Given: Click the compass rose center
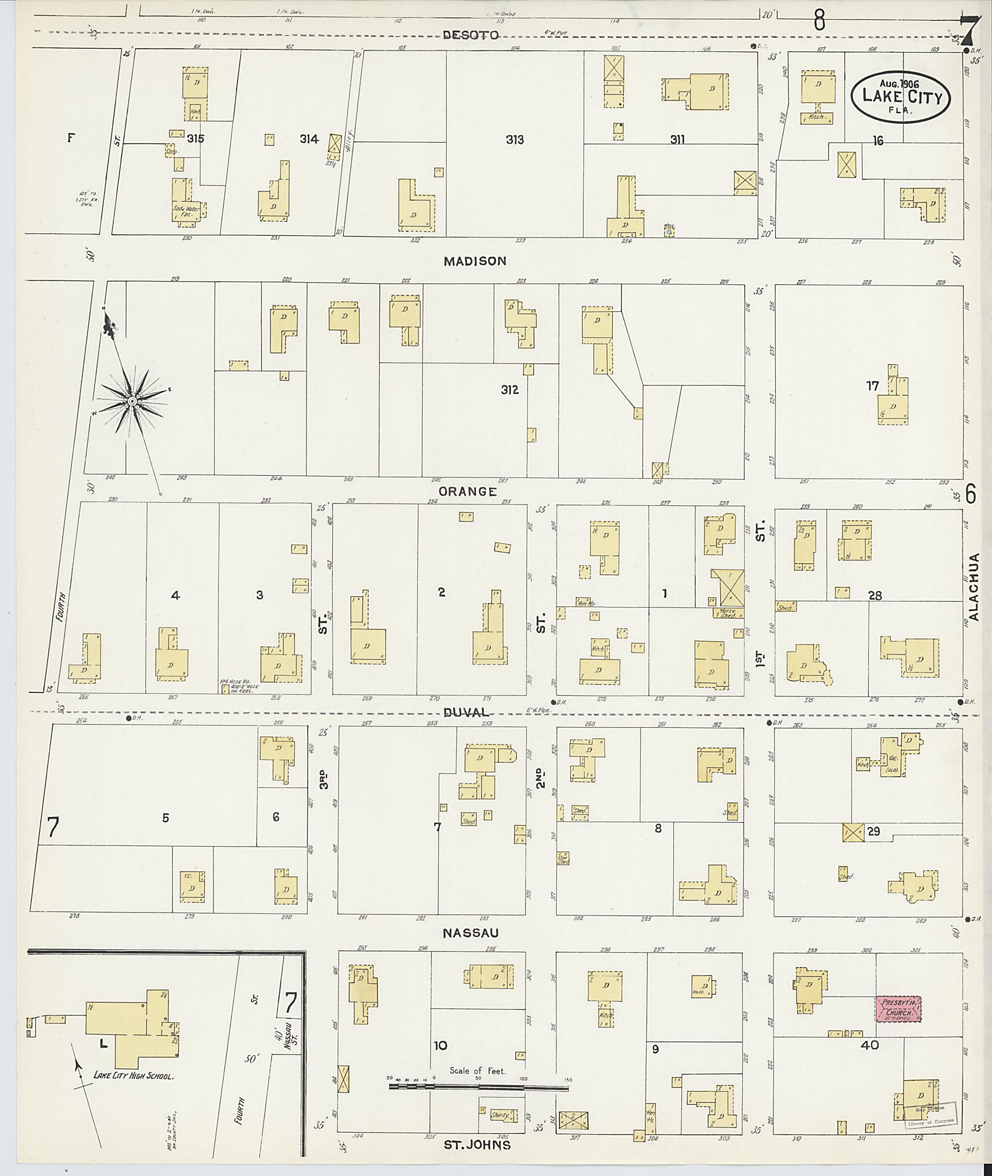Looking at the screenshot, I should (x=132, y=401).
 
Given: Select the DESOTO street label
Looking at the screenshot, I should (x=470, y=35).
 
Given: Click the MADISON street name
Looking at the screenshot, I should (x=475, y=261).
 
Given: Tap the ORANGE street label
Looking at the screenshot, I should (x=468, y=491).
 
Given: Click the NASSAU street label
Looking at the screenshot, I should (x=470, y=933).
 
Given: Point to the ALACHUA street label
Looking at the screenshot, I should (x=974, y=587).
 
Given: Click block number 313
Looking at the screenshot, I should (x=514, y=139).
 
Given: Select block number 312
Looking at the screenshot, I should (x=510, y=390).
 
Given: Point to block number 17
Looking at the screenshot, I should (x=872, y=386).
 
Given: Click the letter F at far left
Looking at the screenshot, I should (x=71, y=137).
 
